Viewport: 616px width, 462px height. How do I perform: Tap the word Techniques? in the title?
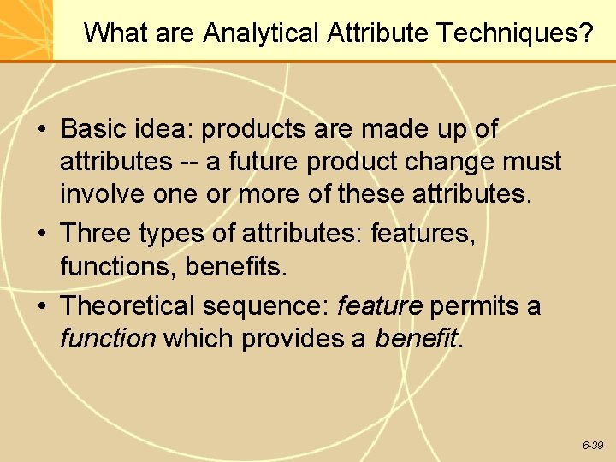pos(515,33)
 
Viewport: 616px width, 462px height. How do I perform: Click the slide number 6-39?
pos(593,446)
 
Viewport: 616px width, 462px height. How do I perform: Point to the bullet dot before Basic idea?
pos(42,130)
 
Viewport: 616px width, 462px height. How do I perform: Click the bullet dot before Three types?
pos(42,234)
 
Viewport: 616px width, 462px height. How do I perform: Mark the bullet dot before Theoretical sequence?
pos(42,306)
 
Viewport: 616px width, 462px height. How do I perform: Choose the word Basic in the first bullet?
pos(95,129)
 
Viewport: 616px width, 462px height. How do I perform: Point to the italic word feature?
pos(380,305)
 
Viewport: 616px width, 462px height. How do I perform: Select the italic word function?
pos(108,338)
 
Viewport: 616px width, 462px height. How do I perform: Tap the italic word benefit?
pos(416,338)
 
